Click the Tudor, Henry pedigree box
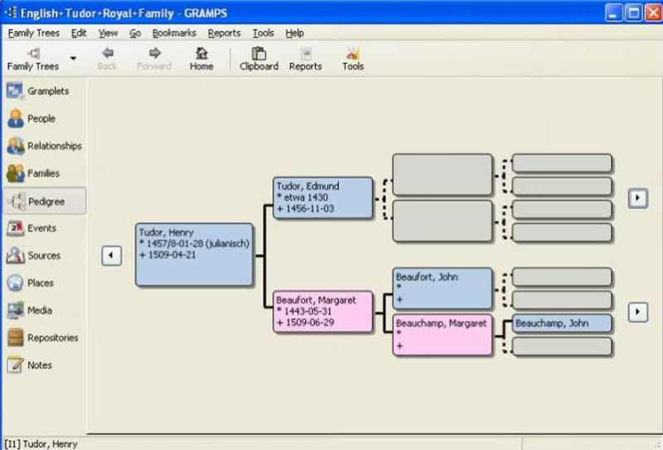(195, 254)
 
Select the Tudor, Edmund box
(323, 197)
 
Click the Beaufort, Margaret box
(323, 312)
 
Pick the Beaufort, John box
(443, 288)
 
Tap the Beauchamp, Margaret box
(443, 335)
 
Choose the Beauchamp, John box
(562, 323)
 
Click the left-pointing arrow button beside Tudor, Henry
(112, 255)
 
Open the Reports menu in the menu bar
(224, 33)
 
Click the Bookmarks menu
(174, 33)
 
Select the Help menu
(294, 33)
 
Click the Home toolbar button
(201, 59)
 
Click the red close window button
(653, 12)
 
